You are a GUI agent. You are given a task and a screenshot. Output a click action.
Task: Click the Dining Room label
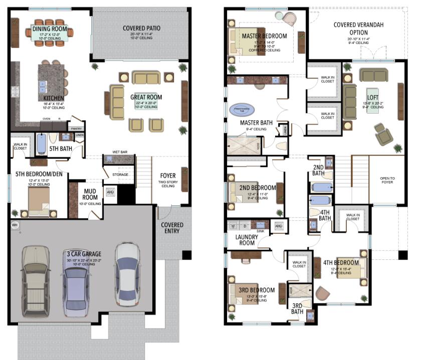point(50,29)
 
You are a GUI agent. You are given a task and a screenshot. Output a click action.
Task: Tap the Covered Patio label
point(141,28)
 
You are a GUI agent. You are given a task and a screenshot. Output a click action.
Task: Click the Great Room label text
point(146,97)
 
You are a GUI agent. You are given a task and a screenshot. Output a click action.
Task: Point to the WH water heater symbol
point(14,225)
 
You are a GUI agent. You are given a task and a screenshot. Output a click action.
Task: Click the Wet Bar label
point(119,152)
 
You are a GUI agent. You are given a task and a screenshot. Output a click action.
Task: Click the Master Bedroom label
point(264,36)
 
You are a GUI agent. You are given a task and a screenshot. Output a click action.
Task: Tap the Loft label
point(372,98)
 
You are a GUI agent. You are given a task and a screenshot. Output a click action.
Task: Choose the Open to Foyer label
point(386,180)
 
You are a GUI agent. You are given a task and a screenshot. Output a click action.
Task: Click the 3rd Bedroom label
point(257,290)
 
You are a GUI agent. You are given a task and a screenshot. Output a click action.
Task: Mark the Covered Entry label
point(172,228)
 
